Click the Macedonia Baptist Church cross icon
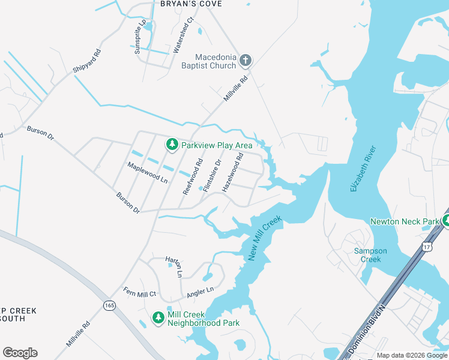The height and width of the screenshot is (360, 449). (x=246, y=60)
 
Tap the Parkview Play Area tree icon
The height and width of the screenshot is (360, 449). (x=172, y=145)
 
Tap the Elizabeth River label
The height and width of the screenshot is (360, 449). (x=363, y=169)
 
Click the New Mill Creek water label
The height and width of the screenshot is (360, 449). (x=264, y=238)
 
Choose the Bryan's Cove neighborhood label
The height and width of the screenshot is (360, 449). (x=191, y=4)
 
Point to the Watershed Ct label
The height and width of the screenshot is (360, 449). (x=184, y=35)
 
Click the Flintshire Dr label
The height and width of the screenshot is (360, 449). (x=212, y=175)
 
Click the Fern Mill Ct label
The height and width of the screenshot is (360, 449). (x=140, y=293)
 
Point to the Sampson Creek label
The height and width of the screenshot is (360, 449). (x=370, y=255)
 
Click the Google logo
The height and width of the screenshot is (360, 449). (x=20, y=352)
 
